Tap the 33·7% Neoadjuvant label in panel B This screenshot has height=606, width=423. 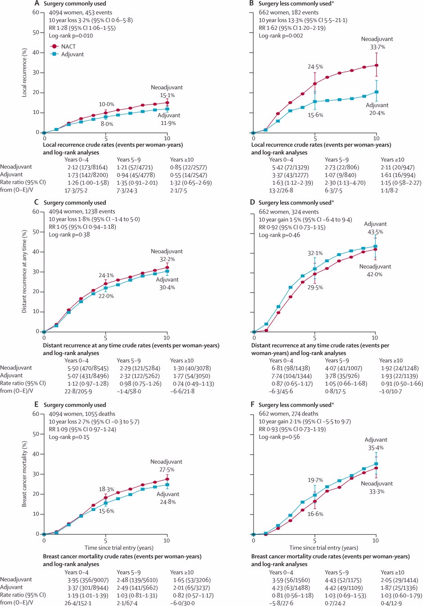point(378,47)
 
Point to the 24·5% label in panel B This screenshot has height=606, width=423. point(315,67)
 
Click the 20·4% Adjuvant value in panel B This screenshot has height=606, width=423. point(377,113)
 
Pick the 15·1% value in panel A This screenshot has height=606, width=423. point(167,96)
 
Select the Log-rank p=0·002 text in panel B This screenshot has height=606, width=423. point(281,36)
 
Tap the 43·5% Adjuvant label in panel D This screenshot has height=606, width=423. point(375,232)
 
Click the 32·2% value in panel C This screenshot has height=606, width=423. point(167,260)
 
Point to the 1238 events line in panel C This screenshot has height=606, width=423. point(82,211)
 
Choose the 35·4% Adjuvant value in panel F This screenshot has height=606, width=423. point(376,448)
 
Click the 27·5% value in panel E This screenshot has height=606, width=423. point(167,469)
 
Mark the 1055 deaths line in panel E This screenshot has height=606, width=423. point(82,414)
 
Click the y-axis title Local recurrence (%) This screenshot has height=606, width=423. point(25,72)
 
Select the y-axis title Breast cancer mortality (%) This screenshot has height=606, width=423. point(25,474)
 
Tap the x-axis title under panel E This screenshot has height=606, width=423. point(119,548)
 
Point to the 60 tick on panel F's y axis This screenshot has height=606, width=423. point(248,414)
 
